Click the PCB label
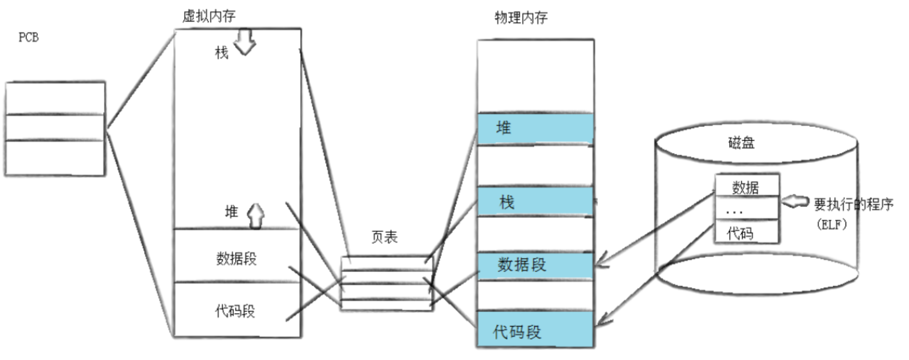(29, 38)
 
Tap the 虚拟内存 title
(209, 16)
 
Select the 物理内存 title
(520, 18)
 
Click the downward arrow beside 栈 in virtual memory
(245, 42)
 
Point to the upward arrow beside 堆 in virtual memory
(256, 215)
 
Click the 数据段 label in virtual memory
(236, 259)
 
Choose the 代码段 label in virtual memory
(235, 311)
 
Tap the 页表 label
(384, 237)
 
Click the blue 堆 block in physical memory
(535, 129)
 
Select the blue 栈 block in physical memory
(535, 202)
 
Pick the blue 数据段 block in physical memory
(535, 265)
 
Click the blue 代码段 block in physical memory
(535, 330)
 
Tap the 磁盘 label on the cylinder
(741, 143)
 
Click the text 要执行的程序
(853, 204)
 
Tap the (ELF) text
(831, 225)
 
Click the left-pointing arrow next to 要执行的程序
(794, 202)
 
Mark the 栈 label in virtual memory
(222, 53)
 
